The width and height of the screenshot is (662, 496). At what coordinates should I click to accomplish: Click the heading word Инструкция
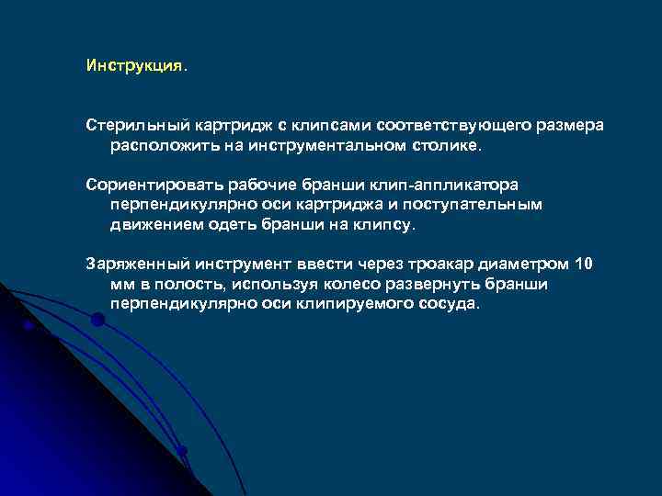134,67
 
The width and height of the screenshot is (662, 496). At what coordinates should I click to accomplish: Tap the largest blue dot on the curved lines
97,320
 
